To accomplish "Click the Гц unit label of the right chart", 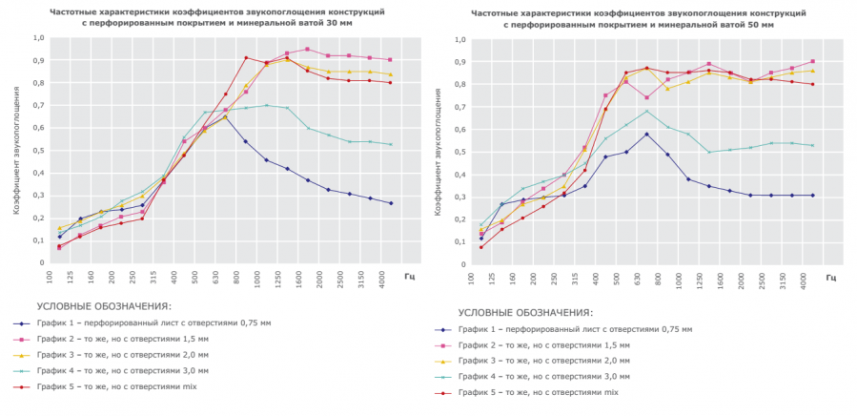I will click(831, 278).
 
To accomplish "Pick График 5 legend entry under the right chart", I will click(536, 392).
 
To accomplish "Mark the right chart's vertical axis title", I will click(439, 154).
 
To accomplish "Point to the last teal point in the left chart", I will click(390, 144).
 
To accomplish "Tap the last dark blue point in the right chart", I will click(812, 196).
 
